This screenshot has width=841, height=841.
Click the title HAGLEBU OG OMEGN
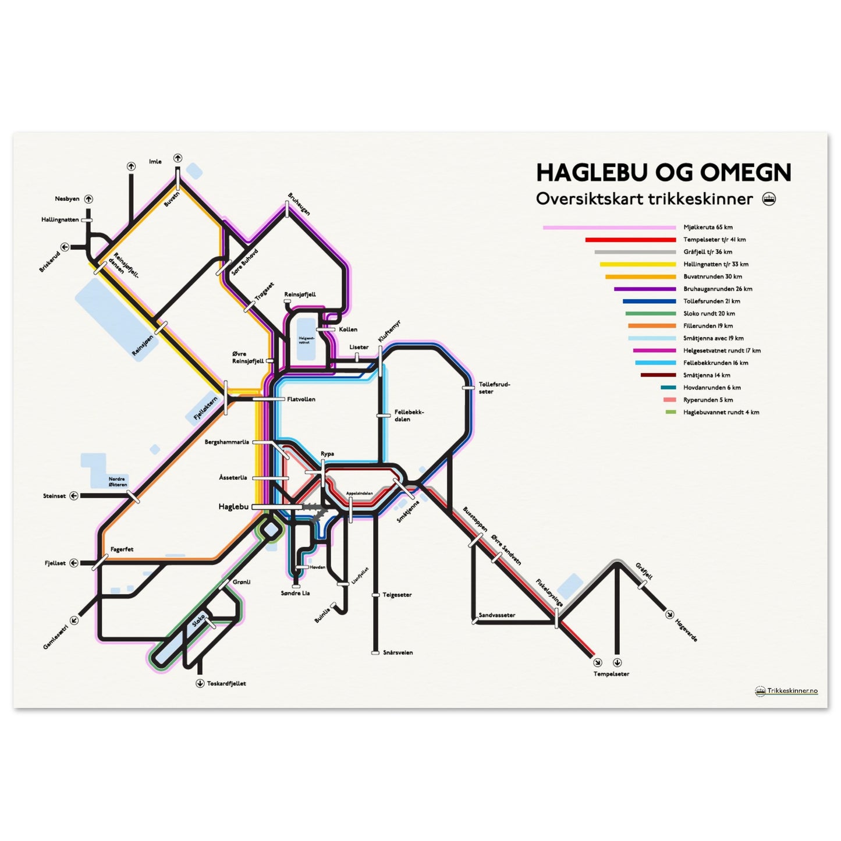[x=663, y=172]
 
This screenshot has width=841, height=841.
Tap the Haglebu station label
[x=233, y=507]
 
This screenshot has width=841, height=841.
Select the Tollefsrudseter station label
[x=494, y=388]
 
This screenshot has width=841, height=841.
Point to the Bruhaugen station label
[x=299, y=204]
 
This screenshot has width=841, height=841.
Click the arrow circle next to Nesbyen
[x=89, y=199]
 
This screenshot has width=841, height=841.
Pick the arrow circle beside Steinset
[x=74, y=496]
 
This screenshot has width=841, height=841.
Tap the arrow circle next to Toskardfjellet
[x=200, y=683]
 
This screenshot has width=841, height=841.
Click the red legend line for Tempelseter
[x=630, y=240]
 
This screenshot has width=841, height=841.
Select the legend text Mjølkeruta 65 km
[x=708, y=228]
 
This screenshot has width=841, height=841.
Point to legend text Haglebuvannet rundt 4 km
[x=721, y=412]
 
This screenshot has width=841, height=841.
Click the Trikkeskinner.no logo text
[x=792, y=691]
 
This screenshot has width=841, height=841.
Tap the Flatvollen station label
[x=301, y=399]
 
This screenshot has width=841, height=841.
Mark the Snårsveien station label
[x=398, y=652]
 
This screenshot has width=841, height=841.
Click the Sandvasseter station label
[x=496, y=615]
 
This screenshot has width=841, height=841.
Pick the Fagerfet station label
[x=122, y=549]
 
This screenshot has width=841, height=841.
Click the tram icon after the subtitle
[x=769, y=199]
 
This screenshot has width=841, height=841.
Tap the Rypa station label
[x=327, y=454]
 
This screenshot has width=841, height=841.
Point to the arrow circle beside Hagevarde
[x=669, y=614]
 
